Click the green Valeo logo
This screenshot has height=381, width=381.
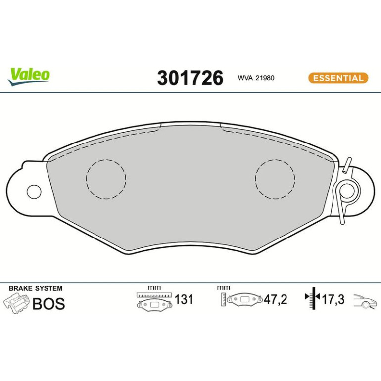(29, 76)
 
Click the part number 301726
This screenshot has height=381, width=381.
(190, 78)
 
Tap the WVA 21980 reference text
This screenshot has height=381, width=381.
(256, 78)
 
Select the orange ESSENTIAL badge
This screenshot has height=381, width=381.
(338, 78)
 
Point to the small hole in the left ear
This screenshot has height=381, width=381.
(34, 192)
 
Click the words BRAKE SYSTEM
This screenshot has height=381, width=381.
(36, 288)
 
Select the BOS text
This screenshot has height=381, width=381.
(48, 304)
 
